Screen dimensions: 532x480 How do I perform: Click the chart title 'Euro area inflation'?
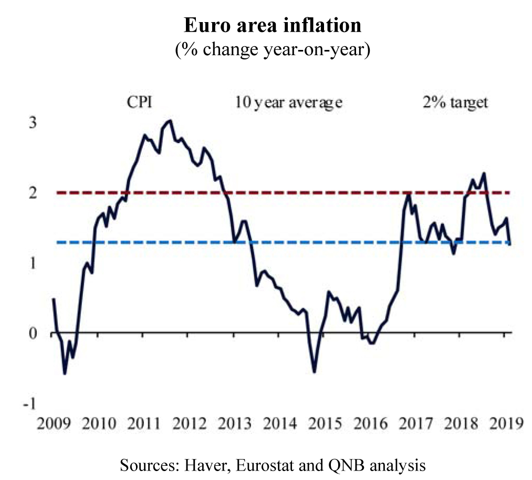pyautogui.click(x=273, y=25)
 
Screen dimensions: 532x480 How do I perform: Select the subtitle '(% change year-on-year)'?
pyautogui.click(x=273, y=49)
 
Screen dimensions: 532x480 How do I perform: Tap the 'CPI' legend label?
pyautogui.click(x=140, y=102)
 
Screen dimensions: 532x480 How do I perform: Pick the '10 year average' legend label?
pyautogui.click(x=289, y=102)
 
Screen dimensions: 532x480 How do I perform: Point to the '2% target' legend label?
pyautogui.click(x=455, y=102)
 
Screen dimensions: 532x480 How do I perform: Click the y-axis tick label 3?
pyautogui.click(x=33, y=122)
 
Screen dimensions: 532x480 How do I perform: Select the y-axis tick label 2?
pyautogui.click(x=33, y=193)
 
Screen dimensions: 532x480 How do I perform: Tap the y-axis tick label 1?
pyautogui.click(x=33, y=263)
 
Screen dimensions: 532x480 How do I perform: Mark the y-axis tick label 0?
pyautogui.click(x=33, y=334)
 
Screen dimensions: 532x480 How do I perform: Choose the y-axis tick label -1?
pyautogui.click(x=29, y=404)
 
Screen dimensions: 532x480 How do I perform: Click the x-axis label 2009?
pyautogui.click(x=54, y=424)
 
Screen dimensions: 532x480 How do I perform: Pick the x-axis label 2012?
pyautogui.click(x=189, y=424)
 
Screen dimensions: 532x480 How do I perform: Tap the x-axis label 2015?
pyautogui.click(x=325, y=424)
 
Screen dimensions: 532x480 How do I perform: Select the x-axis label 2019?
pyautogui.click(x=506, y=424)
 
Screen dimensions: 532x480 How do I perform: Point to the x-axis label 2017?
pyautogui.click(x=415, y=424)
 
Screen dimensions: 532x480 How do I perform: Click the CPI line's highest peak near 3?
pyautogui.click(x=170, y=120)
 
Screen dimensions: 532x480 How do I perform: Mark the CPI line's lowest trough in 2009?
pyautogui.click(x=65, y=374)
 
